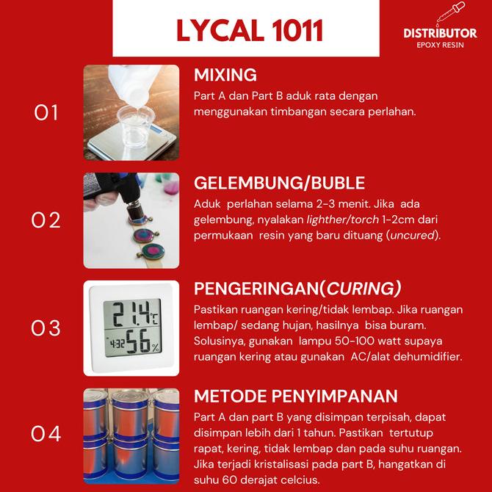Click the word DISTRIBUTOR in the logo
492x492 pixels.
[x=439, y=33]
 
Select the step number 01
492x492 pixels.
[x=46, y=112]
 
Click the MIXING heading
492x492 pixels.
[x=225, y=75]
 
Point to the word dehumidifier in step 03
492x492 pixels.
[x=430, y=356]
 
